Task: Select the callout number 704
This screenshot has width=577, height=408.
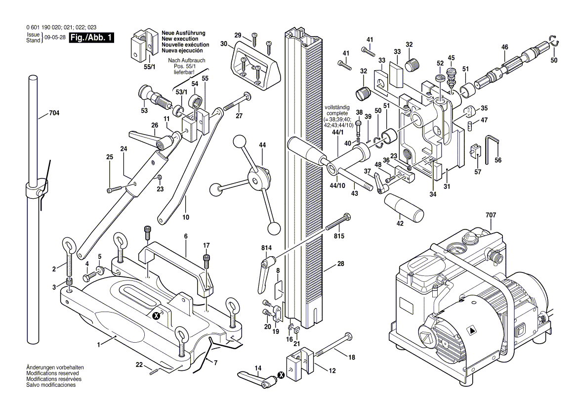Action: point(54,113)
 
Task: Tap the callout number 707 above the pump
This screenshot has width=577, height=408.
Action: point(491,215)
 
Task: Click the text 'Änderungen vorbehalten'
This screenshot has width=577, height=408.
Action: point(54,367)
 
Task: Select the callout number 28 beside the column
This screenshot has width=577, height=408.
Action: point(340,264)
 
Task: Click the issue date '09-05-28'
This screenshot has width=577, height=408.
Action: point(55,38)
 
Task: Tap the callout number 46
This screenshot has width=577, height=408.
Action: point(504,47)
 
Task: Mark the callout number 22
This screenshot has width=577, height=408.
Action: point(139,364)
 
